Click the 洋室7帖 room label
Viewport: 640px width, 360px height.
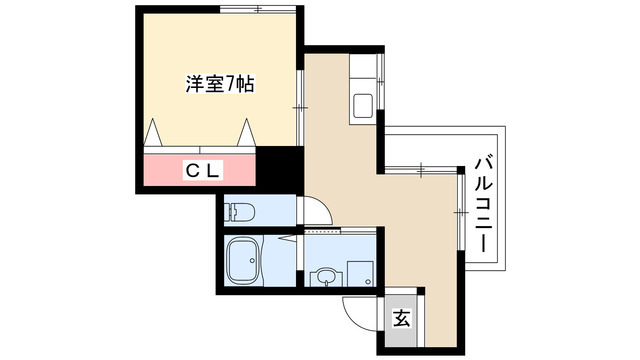[x=219, y=84]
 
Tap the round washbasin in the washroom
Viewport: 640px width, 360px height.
[x=326, y=275]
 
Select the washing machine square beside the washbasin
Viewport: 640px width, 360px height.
[x=358, y=271]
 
